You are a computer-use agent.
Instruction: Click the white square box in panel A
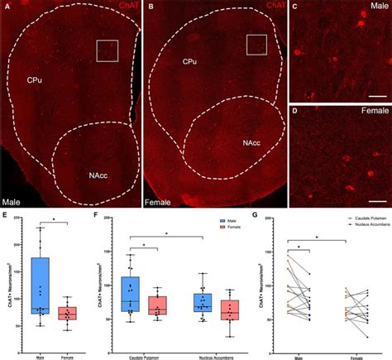[x=108, y=50]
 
